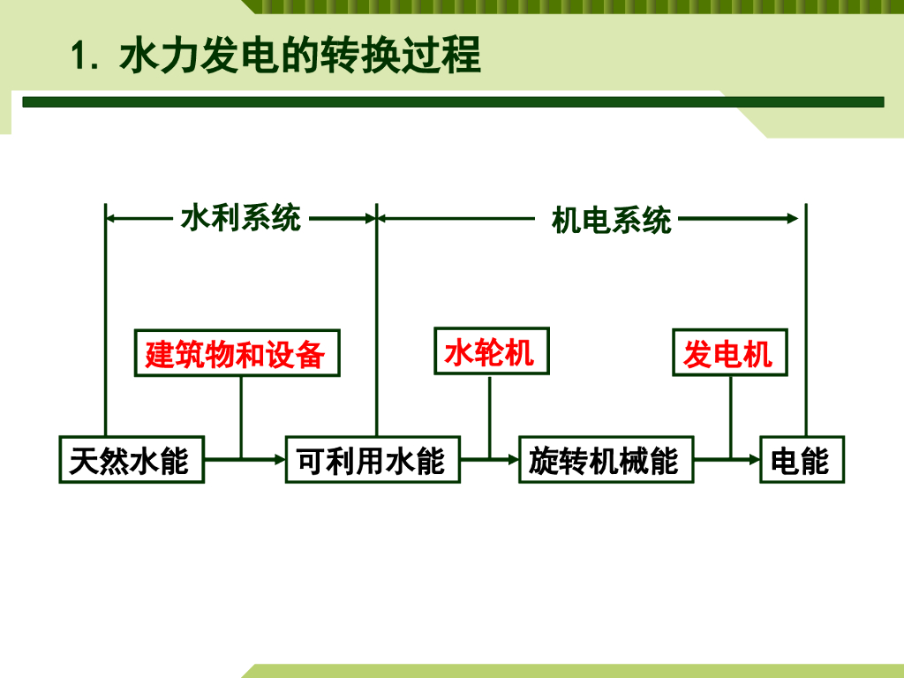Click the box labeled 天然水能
point(132,459)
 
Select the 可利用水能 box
point(373,459)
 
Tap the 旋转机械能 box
point(606,459)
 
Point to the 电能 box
point(802,459)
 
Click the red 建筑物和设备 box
point(237,353)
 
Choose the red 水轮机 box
point(491,351)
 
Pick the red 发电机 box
point(729,352)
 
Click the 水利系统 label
point(240,217)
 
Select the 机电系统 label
point(611,219)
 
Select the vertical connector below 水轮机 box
point(490,415)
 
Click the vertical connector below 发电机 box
point(730,415)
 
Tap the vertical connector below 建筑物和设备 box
point(241,415)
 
